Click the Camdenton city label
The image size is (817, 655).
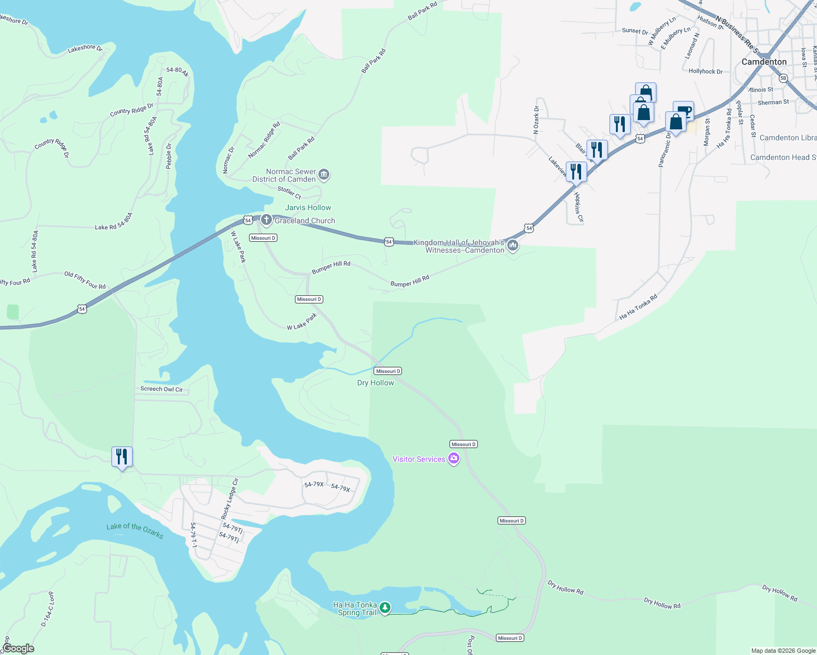coord(763,62)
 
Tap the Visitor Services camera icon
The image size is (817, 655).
coord(453,459)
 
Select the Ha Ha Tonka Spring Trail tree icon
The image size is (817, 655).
coord(385,608)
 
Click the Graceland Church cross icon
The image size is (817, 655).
coord(266,220)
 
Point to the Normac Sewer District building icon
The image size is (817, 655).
coord(323,175)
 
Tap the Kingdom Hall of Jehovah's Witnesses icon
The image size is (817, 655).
coord(512,246)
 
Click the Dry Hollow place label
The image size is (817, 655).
coord(375,383)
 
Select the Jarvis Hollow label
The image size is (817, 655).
coord(308,207)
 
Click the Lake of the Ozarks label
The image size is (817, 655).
coord(135,530)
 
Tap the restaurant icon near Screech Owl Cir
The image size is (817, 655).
coord(122,456)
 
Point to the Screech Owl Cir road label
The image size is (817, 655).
coord(162,389)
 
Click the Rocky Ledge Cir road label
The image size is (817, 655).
coord(229,499)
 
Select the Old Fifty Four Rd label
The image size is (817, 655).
coord(85,280)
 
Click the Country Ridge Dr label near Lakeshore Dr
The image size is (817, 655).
coord(132,110)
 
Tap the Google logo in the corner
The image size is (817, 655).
coord(18,648)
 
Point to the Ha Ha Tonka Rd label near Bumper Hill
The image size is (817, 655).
coord(638,307)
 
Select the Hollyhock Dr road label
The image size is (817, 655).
coord(705,72)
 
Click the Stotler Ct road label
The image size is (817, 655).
coord(289,192)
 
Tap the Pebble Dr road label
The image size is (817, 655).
coord(169,156)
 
